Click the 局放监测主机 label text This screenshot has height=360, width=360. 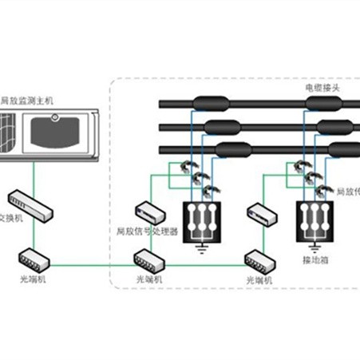27,101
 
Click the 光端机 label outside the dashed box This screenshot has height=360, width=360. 30,280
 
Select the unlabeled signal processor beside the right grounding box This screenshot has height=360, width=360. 260,213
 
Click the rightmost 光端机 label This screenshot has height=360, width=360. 259,281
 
